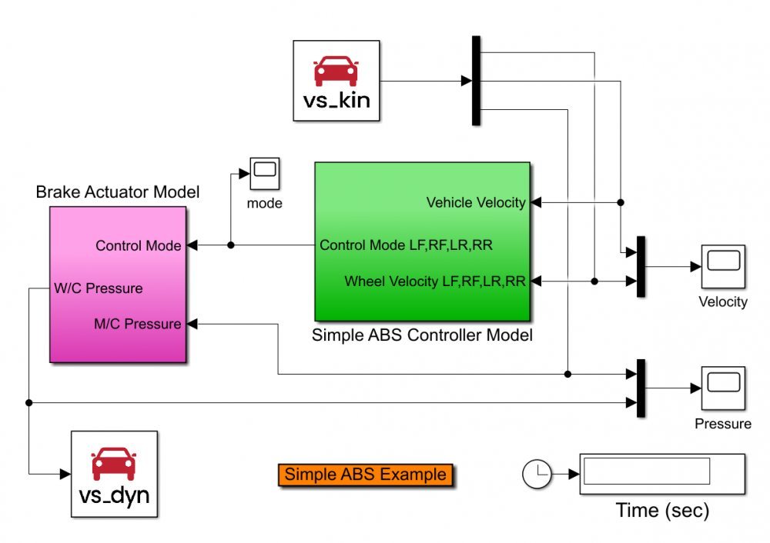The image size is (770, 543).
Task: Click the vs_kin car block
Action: [336, 81]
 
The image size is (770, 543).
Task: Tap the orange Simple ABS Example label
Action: [365, 475]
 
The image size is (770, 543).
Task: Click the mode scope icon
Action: [264, 174]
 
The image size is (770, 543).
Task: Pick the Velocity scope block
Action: [723, 265]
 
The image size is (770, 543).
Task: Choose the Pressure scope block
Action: [723, 388]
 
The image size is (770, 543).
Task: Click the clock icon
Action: [537, 474]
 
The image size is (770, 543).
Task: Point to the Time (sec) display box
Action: [661, 474]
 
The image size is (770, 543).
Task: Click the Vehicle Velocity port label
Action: [476, 202]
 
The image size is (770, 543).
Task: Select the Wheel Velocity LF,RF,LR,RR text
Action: [435, 281]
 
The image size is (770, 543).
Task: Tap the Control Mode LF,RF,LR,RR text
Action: [406, 246]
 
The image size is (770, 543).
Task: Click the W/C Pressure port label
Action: [99, 288]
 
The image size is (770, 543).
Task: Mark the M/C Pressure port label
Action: [138, 324]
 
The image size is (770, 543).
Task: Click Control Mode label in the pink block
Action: [139, 246]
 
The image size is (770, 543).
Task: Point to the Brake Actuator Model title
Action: [118, 192]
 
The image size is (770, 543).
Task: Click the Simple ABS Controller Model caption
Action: [422, 335]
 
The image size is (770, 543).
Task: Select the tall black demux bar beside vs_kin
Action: [476, 80]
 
